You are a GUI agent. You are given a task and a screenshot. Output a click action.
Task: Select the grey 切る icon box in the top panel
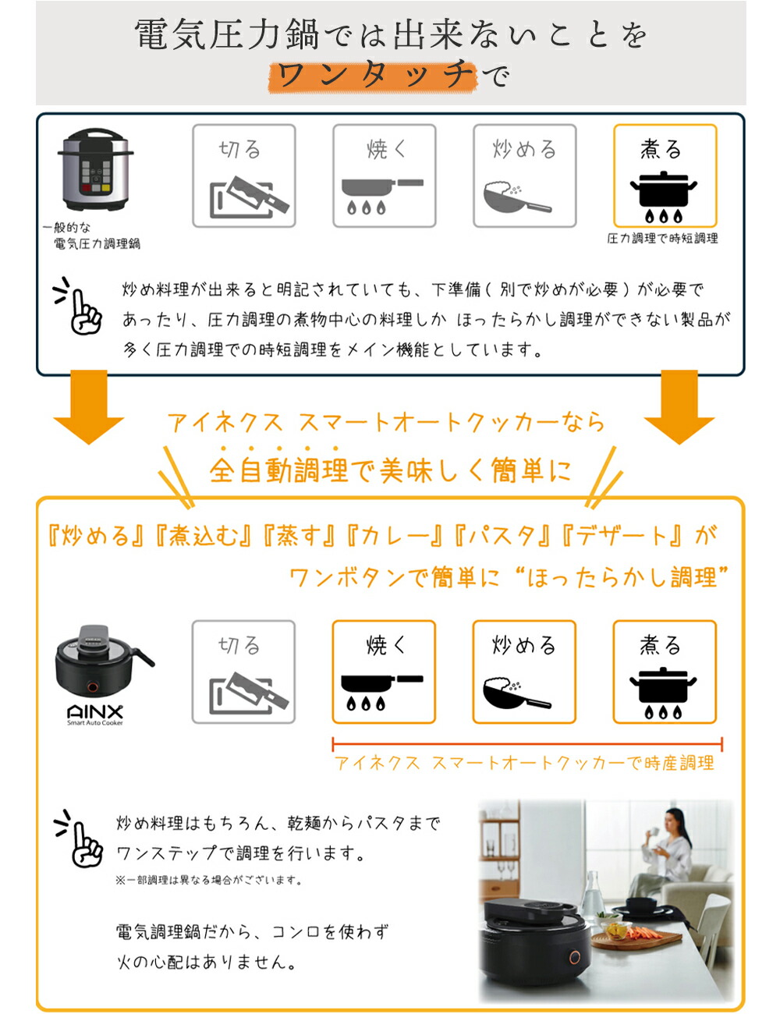coord(244,175)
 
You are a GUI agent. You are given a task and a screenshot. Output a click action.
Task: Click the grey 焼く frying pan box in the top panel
coord(384,175)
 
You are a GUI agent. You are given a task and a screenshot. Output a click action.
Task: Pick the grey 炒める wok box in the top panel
coord(524,175)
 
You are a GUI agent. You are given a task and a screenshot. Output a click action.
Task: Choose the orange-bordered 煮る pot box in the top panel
coord(665,175)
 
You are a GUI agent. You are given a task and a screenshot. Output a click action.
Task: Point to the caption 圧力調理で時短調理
coord(662,239)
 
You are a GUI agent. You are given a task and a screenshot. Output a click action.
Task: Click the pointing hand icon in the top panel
coord(80,307)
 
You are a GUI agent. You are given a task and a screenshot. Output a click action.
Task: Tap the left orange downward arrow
coord(89,407)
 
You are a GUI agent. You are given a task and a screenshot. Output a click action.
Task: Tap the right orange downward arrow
coord(679,407)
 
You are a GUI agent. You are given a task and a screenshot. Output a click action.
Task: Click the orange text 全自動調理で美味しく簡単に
coord(390,470)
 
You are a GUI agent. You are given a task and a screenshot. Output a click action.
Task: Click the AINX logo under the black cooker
coord(94,712)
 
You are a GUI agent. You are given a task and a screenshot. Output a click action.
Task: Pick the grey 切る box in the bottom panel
coord(243,672)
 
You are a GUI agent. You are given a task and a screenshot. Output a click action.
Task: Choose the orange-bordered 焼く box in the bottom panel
coord(384,672)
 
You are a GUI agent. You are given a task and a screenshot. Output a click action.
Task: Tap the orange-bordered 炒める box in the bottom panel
coord(524,672)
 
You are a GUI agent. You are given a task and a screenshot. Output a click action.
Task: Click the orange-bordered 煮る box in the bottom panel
coord(665,672)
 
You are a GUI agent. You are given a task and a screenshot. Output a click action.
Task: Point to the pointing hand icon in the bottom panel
coord(80,839)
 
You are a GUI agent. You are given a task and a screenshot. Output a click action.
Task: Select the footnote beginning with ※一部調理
coord(208,881)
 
